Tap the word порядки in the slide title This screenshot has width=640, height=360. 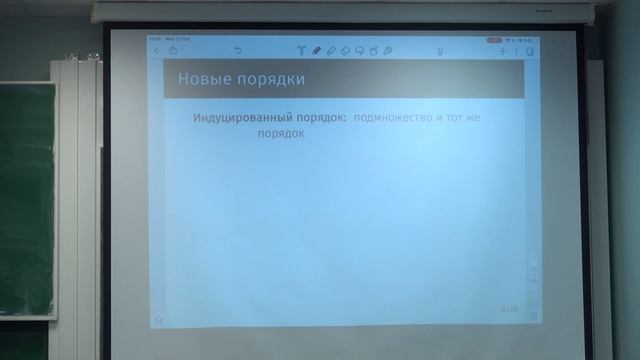(267, 78)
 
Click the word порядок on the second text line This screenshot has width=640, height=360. (281, 132)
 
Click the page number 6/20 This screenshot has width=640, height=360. (509, 311)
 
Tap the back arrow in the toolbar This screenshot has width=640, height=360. (157, 50)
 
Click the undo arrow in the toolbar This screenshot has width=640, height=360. (238, 50)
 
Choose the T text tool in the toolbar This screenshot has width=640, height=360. (301, 50)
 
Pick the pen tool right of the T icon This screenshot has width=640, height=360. (316, 50)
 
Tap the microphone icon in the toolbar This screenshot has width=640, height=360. (441, 50)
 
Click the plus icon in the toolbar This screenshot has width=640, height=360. (503, 50)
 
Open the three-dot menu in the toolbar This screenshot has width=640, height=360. (516, 50)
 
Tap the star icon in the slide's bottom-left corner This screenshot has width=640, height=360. (158, 320)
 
